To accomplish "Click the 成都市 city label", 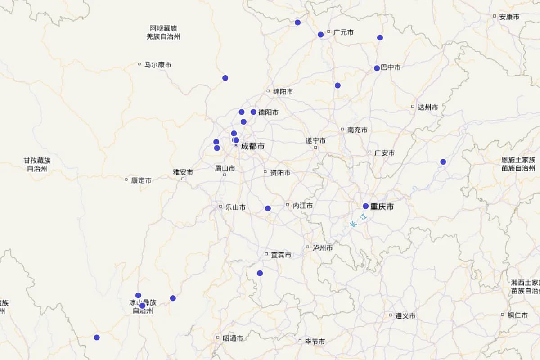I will click(252, 146).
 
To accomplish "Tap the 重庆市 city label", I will click(382, 207).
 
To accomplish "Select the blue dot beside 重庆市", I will click(365, 206).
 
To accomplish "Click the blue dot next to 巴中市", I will click(377, 68).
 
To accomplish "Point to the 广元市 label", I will click(343, 32).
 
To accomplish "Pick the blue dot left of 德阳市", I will click(253, 112).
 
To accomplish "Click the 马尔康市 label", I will click(157, 65).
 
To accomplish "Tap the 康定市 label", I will click(141, 180).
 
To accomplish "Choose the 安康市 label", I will click(509, 17).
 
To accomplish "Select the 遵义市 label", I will click(405, 316).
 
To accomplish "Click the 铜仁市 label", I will click(517, 315).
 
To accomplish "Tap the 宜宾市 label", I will click(281, 255).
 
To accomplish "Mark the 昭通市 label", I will click(233, 338).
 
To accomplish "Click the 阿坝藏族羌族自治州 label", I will click(163, 32).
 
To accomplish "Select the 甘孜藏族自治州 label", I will click(37, 165).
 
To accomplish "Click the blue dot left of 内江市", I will click(268, 208).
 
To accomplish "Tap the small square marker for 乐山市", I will click(220, 207).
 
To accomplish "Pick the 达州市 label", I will click(427, 107).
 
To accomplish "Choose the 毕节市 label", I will click(315, 342).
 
